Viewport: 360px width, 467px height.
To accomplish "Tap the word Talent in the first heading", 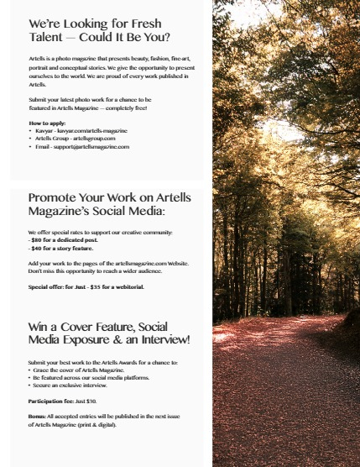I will coord(48,38).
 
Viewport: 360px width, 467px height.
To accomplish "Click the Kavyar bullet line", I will coord(81,131).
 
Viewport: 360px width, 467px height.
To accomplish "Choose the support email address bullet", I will coord(82,146).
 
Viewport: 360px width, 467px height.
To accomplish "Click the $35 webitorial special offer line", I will coord(86,286).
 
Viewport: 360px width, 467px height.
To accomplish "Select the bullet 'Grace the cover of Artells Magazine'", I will coord(78,370).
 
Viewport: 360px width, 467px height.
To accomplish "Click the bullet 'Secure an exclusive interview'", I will coord(70,385).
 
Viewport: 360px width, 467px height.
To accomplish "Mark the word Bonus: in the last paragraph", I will coord(39,417).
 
